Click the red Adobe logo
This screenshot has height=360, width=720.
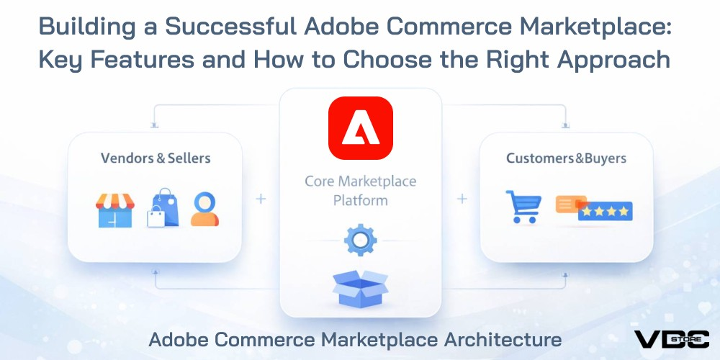[361, 128]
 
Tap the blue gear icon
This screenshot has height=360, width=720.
[361, 240]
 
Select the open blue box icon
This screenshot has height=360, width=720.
[361, 289]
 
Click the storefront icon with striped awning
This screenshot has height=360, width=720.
[115, 210]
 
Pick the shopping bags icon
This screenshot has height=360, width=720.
[163, 210]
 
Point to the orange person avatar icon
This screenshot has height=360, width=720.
[204, 209]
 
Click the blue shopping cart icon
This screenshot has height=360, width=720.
[523, 207]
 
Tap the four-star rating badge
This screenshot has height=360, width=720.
[606, 211]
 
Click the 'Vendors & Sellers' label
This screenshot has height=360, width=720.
[156, 158]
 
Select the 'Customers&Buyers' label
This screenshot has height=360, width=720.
[566, 158]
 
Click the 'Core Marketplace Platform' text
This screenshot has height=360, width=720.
[361, 191]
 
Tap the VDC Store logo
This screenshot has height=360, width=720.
[672, 339]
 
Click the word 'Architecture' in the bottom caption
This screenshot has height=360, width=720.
[503, 340]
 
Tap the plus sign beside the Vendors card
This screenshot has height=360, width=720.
[261, 199]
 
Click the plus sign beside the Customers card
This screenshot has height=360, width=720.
[462, 199]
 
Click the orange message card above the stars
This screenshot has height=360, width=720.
[571, 204]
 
